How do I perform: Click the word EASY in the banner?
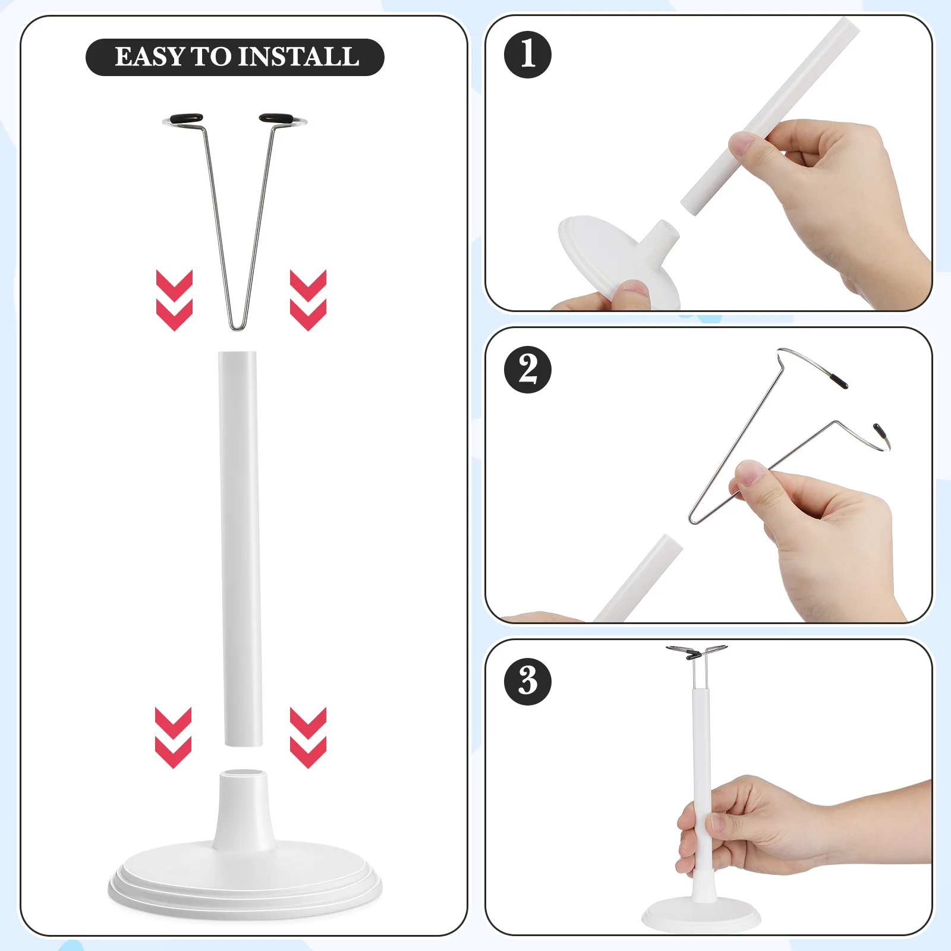(x=149, y=57)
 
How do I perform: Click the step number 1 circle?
(x=527, y=54)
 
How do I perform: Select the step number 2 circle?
(x=527, y=369)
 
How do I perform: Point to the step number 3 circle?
(x=527, y=681)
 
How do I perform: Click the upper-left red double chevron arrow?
(x=174, y=300)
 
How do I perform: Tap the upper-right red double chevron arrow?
(x=308, y=300)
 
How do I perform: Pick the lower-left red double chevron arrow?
(x=173, y=737)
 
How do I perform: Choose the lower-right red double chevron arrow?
(x=308, y=737)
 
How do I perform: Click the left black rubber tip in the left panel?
(x=186, y=118)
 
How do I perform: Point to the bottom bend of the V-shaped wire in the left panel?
(x=238, y=326)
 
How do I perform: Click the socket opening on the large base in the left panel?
(x=243, y=774)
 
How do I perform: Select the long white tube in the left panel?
(x=240, y=547)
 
